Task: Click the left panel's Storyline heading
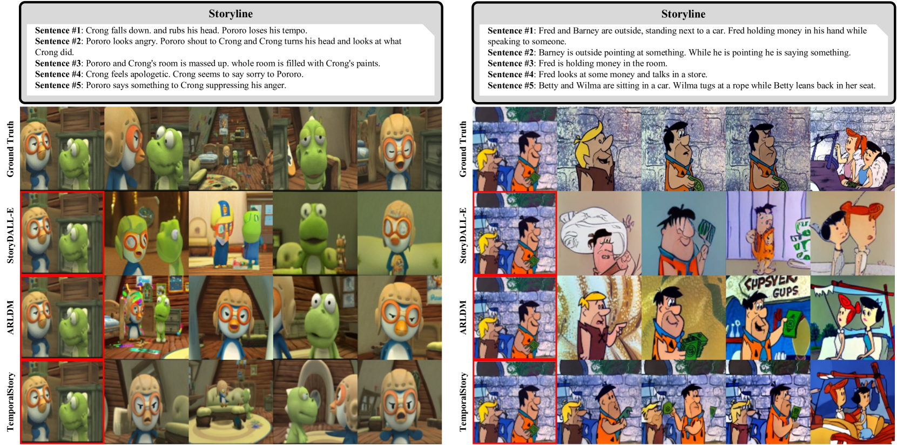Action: pos(231,14)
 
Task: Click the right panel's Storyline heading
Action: pos(684,14)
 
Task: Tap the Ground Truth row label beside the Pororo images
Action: pos(10,149)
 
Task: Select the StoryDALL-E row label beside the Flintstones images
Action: pos(463,235)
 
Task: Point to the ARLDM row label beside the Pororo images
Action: pos(10,317)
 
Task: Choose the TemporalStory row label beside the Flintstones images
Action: pos(463,402)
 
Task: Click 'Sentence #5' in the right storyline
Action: pos(510,85)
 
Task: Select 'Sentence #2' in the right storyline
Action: pos(510,52)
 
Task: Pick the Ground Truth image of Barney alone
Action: pos(599,149)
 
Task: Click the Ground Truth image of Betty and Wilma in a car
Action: pos(853,149)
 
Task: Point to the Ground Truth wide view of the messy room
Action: pos(231,148)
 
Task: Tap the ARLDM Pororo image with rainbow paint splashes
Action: pos(146,317)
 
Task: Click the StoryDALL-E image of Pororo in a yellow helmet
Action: pos(231,233)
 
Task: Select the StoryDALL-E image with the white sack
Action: pos(599,233)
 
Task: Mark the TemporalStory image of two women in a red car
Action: pos(853,402)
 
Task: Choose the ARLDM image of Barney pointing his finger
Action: pos(599,318)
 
